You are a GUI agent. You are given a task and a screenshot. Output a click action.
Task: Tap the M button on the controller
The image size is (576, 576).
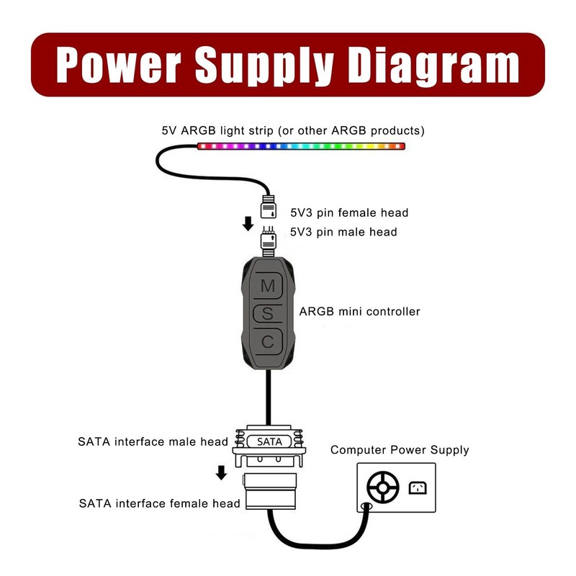[268, 286]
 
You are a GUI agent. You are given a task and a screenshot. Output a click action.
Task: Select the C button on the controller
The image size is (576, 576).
[268, 342]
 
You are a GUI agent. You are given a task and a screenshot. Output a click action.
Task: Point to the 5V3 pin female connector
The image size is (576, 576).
[268, 207]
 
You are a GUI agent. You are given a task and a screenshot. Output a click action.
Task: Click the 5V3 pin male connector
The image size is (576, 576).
[269, 240]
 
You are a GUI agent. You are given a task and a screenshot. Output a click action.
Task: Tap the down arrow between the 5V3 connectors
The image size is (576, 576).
[248, 223]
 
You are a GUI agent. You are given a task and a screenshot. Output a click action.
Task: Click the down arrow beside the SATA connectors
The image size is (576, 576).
[222, 472]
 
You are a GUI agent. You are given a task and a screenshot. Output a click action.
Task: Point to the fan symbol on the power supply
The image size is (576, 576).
[382, 488]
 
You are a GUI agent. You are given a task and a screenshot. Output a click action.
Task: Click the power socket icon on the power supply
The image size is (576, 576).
[418, 488]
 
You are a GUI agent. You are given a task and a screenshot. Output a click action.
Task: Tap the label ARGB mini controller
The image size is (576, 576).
[359, 312]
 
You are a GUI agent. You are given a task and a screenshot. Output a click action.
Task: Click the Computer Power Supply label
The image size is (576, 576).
[400, 450]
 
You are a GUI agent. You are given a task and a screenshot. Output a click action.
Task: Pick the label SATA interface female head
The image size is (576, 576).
[159, 503]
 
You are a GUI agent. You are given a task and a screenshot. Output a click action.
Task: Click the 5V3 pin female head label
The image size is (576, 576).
[349, 212]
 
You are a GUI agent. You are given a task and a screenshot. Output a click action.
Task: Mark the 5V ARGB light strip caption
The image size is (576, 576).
[293, 130]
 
